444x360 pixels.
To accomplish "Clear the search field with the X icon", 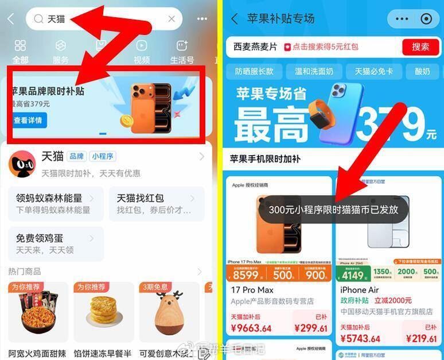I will tap(172, 19).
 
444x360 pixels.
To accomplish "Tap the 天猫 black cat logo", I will tap(22, 165).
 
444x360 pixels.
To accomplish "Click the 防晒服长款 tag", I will tap(255, 72).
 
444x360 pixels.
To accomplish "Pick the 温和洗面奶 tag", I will tap(314, 72).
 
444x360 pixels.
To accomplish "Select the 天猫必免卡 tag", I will tap(373, 72).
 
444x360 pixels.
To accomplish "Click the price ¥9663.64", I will tap(252, 328).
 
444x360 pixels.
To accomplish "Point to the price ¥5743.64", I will tap(363, 339).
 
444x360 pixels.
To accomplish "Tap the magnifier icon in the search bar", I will tap(38, 19).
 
